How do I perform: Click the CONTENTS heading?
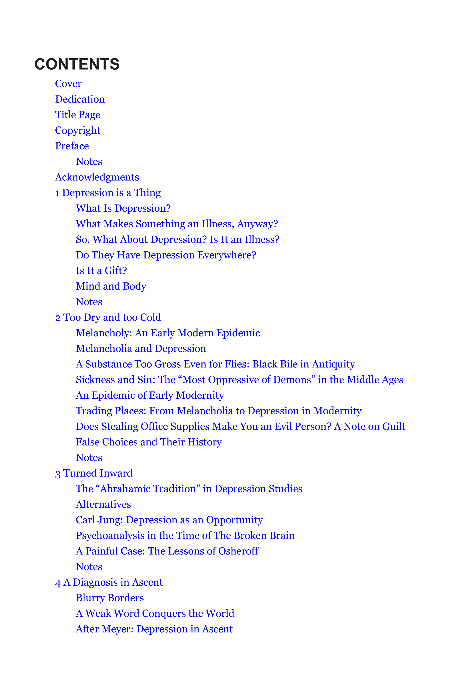tap(77, 64)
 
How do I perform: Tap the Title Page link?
tap(78, 115)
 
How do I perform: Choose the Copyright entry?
tap(78, 130)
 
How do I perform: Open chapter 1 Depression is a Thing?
tap(108, 193)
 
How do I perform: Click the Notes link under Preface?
tap(89, 162)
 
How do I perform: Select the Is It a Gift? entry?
tap(101, 271)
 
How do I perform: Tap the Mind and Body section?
tap(111, 286)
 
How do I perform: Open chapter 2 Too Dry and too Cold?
tap(108, 317)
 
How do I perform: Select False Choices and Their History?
tap(149, 442)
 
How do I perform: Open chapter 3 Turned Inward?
tap(94, 473)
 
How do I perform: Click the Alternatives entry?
tap(103, 504)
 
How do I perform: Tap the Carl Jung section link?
tap(169, 520)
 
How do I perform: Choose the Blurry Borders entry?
tap(110, 598)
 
